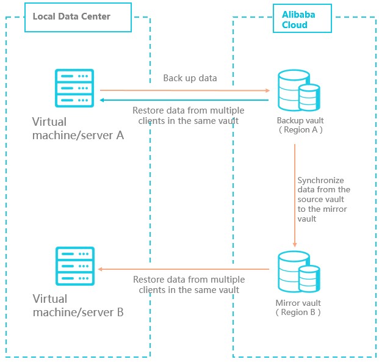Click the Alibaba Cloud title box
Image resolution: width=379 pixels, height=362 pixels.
pyautogui.click(x=302, y=20)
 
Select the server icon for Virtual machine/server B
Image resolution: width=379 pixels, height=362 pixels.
pyautogui.click(x=74, y=267)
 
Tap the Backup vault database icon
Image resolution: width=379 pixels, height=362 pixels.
pyautogui.click(x=298, y=90)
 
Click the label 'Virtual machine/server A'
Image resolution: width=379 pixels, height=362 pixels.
pyautogui.click(x=78, y=129)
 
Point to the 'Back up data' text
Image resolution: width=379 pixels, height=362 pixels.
pyautogui.click(x=190, y=79)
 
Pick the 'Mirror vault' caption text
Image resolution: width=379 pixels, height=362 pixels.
pyautogui.click(x=298, y=303)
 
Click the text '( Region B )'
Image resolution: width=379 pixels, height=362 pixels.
pyautogui.click(x=298, y=312)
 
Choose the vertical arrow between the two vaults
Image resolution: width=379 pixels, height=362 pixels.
pyautogui.click(x=295, y=195)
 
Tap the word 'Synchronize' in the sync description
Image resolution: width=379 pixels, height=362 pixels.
pyautogui.click(x=320, y=181)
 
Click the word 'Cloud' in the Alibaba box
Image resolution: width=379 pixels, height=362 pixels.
pyautogui.click(x=295, y=25)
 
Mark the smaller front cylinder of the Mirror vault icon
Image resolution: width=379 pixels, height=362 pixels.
pyautogui.click(x=309, y=277)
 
